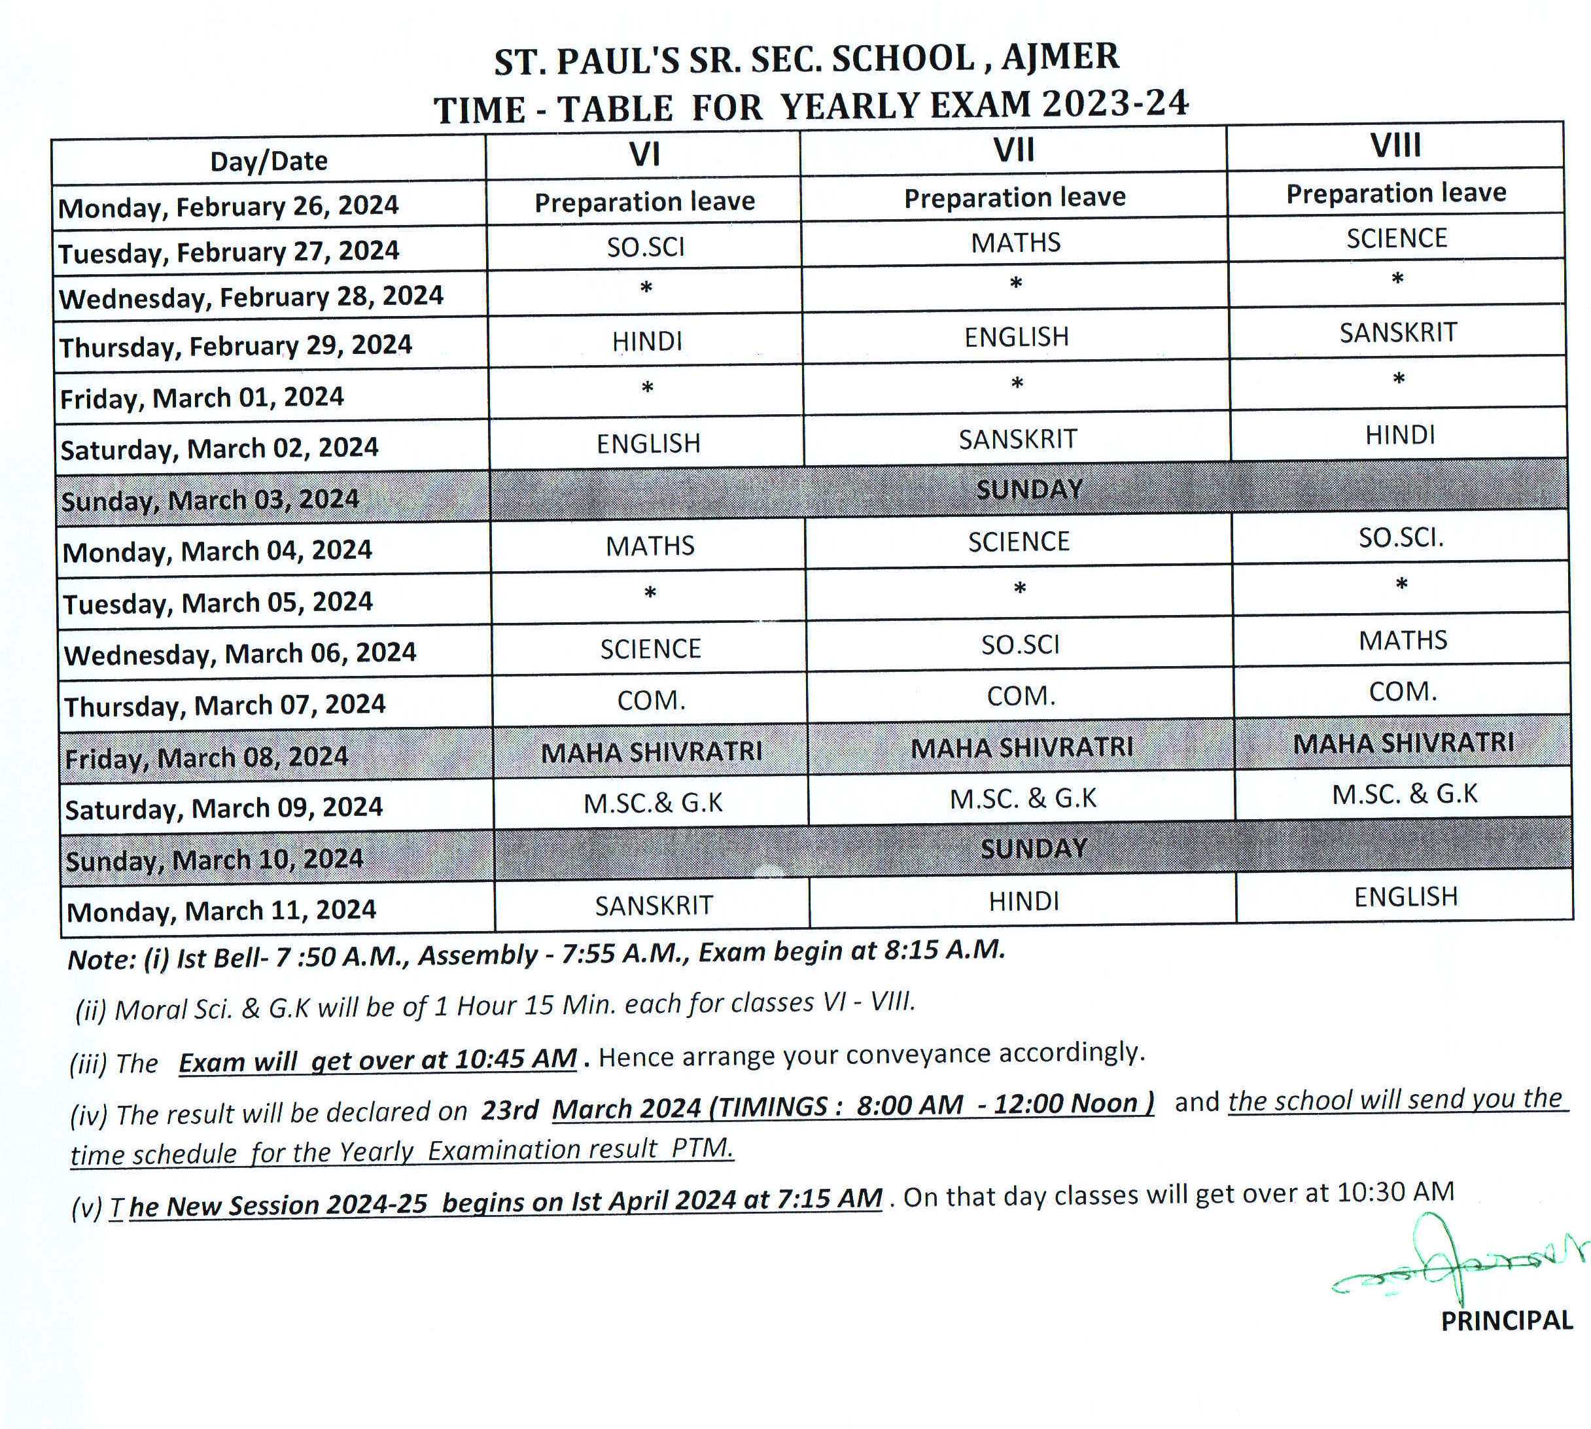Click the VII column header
point(1013,149)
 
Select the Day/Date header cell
point(268,161)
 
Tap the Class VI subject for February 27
point(645,247)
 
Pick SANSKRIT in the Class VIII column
point(1398,333)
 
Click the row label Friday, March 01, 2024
point(201,398)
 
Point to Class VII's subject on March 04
point(1018,542)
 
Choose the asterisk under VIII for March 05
point(1401,585)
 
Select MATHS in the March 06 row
point(1403,641)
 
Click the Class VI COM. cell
point(651,700)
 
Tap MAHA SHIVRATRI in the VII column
point(1021,747)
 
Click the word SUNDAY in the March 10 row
point(1034,849)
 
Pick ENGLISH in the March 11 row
point(1405,896)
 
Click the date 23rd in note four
point(510,1110)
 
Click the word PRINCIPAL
point(1506,1320)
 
